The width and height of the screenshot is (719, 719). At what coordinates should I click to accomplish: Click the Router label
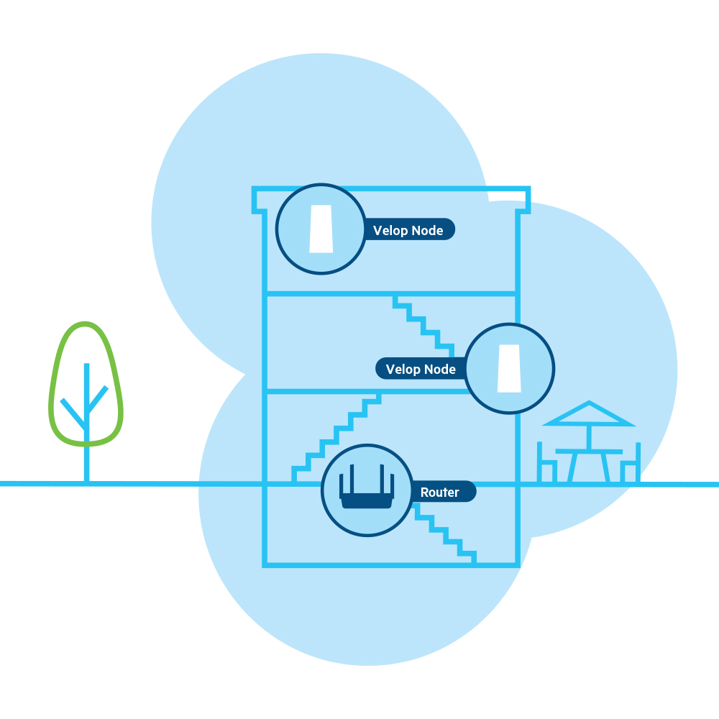(440, 492)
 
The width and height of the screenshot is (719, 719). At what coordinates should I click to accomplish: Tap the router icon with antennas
(367, 490)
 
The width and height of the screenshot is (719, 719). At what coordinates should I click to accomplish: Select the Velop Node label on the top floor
(408, 230)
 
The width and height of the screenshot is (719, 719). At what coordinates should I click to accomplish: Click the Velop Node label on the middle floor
(421, 369)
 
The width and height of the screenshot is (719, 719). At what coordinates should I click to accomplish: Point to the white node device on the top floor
(321, 229)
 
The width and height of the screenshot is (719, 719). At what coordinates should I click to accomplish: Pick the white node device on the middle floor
(510, 368)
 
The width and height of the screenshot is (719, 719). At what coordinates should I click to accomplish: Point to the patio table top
(589, 451)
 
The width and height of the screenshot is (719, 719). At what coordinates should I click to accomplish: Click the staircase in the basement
(446, 532)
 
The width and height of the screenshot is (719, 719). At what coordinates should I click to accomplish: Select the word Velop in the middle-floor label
(402, 369)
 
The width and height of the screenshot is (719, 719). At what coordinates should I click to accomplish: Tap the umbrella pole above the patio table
(589, 436)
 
